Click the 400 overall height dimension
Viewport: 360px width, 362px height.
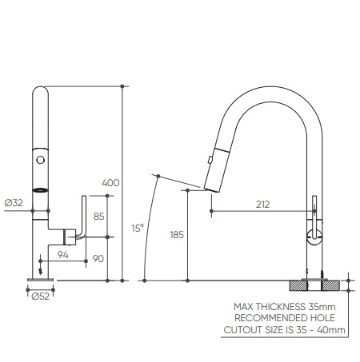pyautogui.click(x=110, y=183)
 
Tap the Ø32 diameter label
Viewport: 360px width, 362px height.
pyautogui.click(x=14, y=203)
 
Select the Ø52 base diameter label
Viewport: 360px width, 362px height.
pyautogui.click(x=41, y=296)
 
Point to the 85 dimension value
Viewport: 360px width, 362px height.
pyautogui.click(x=98, y=217)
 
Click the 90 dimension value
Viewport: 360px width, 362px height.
pyautogui.click(x=98, y=259)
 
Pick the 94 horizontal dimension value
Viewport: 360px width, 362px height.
pyautogui.click(x=63, y=255)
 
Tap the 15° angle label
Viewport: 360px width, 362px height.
pyautogui.click(x=138, y=229)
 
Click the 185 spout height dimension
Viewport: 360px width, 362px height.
pyautogui.click(x=177, y=235)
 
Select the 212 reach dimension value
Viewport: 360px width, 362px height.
pyautogui.click(x=263, y=205)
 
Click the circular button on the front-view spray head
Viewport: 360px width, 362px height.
pyautogui.click(x=41, y=160)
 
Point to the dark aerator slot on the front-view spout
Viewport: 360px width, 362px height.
pyautogui.click(x=41, y=190)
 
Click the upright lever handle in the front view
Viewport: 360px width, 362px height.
pyautogui.click(x=83, y=217)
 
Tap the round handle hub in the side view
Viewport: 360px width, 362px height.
pyautogui.click(x=314, y=237)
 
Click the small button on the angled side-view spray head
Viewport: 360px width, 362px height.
pyautogui.click(x=210, y=160)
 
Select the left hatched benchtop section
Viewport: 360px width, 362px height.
pyautogui.click(x=298, y=285)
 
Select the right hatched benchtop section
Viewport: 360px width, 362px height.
pyautogui.click(x=331, y=285)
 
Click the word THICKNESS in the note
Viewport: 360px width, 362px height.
pyautogui.click(x=281, y=307)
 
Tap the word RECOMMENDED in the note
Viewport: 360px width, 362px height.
pyautogui.click(x=271, y=318)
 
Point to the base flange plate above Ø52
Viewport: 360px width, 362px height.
pyautogui.click(x=41, y=280)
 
